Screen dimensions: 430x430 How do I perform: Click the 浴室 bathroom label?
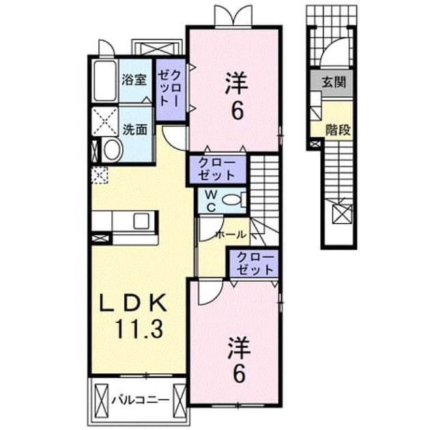point(134,80)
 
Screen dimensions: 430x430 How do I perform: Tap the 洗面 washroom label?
point(134,129)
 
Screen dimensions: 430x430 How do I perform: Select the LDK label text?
point(134,302)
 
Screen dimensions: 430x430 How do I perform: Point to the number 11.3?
point(139,329)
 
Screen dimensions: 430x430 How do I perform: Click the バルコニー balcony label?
point(141,400)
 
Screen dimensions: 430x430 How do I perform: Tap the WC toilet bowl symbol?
point(230,199)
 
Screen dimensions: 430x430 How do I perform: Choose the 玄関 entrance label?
point(334,82)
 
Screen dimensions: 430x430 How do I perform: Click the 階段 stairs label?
point(338,130)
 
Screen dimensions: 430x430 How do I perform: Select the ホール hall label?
point(231,235)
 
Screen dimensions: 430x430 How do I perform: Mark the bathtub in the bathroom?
point(104,81)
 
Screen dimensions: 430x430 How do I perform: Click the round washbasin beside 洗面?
point(112,150)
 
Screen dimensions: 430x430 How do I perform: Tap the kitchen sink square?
point(141,221)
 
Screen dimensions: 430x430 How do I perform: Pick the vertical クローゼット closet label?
point(170,88)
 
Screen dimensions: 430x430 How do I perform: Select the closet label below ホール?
point(255,263)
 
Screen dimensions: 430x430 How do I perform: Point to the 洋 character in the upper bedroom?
point(237,83)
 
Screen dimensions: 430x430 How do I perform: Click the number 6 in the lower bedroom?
point(239,374)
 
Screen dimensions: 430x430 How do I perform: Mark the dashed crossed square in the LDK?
point(99,175)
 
